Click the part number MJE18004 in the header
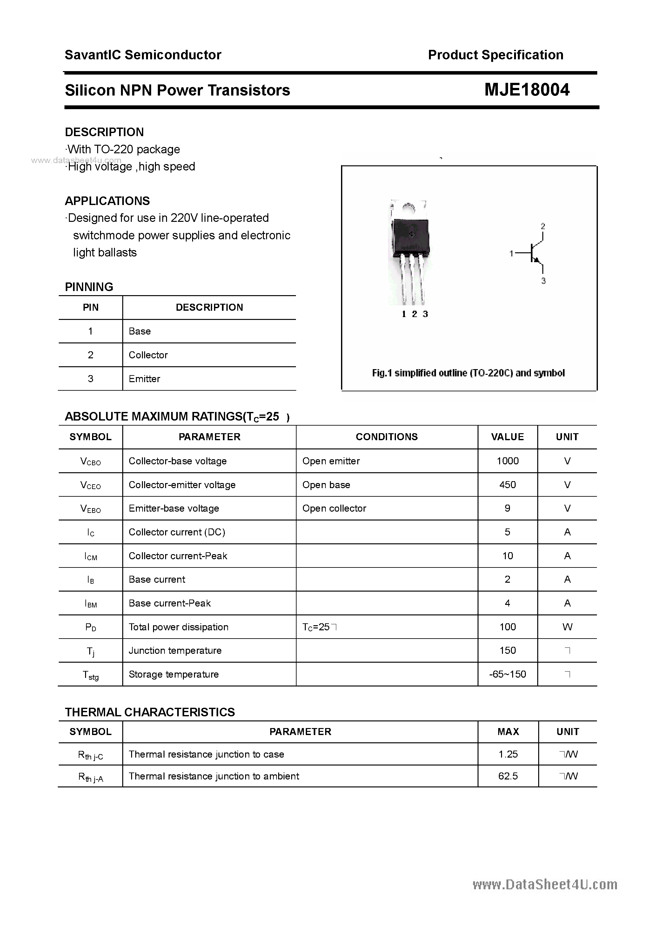coord(526,90)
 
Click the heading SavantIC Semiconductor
coord(143,55)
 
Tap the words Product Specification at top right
coord(495,55)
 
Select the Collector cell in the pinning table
coord(148,355)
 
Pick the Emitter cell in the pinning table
coord(144,379)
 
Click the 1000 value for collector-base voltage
coord(508,461)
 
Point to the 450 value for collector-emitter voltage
coord(508,485)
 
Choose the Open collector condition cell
coord(334,508)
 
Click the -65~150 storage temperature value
coord(508,674)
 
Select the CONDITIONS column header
coord(387,437)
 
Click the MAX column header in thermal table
coord(508,732)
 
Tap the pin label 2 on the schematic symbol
coord(543,226)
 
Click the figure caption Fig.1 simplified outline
coord(468,373)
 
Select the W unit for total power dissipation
coord(567,627)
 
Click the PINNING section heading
coord(89,287)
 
